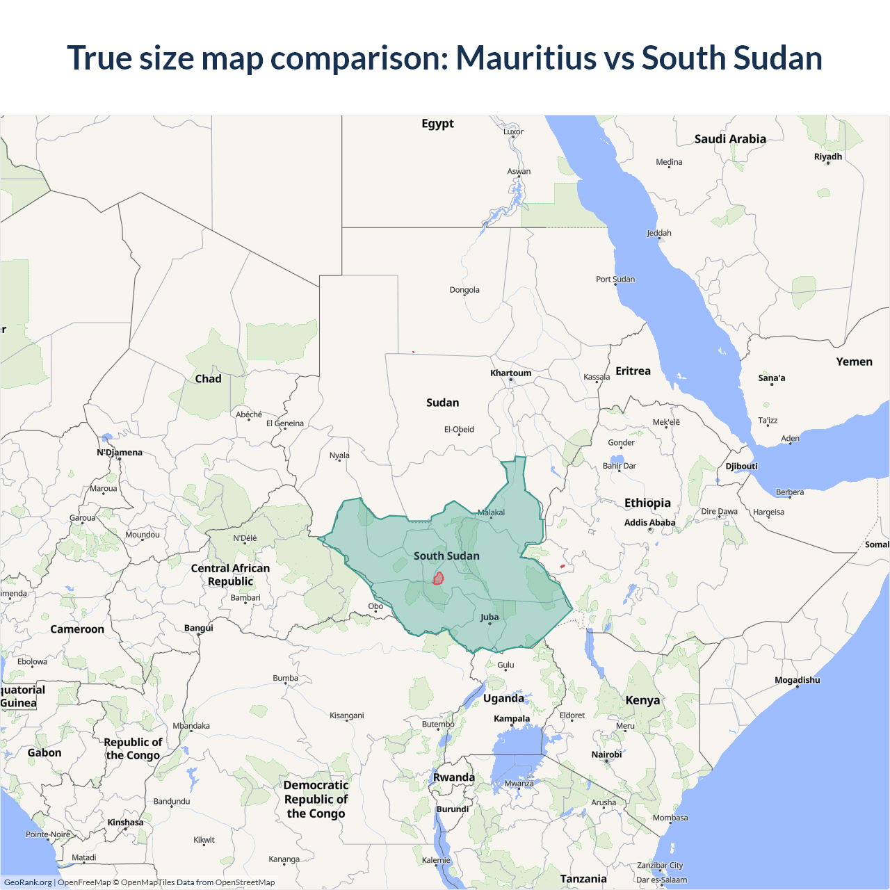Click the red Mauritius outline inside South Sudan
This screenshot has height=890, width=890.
pyautogui.click(x=438, y=578)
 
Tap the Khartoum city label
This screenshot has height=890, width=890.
pyautogui.click(x=510, y=373)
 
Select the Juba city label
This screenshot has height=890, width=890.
pyautogui.click(x=489, y=617)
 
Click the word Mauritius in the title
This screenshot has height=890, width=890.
pyautogui.click(x=526, y=58)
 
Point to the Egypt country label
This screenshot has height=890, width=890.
pyautogui.click(x=437, y=124)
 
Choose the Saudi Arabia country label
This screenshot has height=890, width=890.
pyautogui.click(x=730, y=139)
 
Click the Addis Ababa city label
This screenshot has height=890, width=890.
pyautogui.click(x=649, y=523)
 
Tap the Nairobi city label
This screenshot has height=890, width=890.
pyautogui.click(x=606, y=754)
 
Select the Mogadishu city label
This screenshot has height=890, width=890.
pyautogui.click(x=797, y=680)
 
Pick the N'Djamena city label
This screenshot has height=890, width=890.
pyautogui.click(x=120, y=453)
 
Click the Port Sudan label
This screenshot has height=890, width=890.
pyautogui.click(x=615, y=280)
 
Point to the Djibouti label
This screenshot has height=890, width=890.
pyautogui.click(x=741, y=467)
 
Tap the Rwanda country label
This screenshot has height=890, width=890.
pyautogui.click(x=454, y=777)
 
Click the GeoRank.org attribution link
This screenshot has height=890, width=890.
pyautogui.click(x=28, y=882)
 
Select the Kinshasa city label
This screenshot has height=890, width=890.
pyautogui.click(x=125, y=823)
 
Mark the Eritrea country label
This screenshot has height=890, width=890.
pyautogui.click(x=633, y=371)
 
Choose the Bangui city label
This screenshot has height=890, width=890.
pyautogui.click(x=199, y=628)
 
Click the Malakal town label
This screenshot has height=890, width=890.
pyautogui.click(x=492, y=513)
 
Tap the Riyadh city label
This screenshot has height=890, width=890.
pyautogui.click(x=828, y=157)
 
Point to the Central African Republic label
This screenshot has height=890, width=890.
pyautogui.click(x=230, y=575)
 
